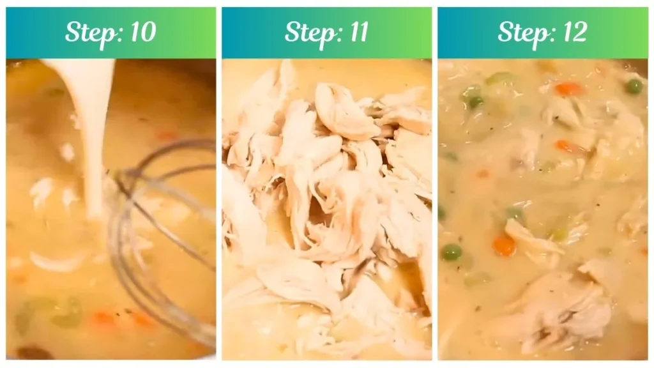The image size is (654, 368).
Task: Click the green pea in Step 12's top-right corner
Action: [634, 86]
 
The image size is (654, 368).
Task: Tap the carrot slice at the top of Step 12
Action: [568, 89]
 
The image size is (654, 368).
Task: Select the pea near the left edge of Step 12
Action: [451, 252]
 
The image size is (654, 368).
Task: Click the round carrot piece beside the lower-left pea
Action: [505, 245]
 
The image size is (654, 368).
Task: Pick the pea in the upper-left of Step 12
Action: [474, 100]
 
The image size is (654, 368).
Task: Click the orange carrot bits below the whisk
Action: [102, 318]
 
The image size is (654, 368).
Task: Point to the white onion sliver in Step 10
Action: [57, 262]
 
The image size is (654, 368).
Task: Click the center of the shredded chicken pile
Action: [326, 192]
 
